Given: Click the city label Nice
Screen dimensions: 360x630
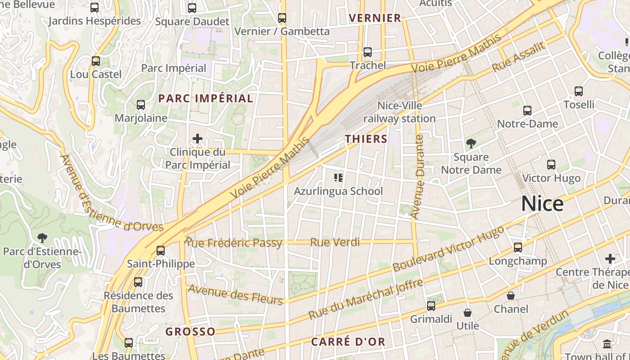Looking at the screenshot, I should [542, 204].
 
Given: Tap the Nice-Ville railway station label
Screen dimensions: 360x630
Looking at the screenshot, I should [400, 112].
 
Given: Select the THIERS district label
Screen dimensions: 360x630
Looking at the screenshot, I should [366, 139].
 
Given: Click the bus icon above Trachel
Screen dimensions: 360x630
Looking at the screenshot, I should [368, 52].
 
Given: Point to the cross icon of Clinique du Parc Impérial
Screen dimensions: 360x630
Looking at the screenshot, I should [197, 139].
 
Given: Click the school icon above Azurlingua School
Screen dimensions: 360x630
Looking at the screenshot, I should [338, 178].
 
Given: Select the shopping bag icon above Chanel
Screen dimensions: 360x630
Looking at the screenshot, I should [511, 296].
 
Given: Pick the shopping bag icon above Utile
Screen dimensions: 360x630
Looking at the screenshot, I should [468, 312].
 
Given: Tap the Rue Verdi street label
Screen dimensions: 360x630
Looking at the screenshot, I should [335, 243].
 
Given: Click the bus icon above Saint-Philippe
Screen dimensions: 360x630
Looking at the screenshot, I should [161, 250].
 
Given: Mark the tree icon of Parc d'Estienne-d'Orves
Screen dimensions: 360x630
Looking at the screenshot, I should [42, 238].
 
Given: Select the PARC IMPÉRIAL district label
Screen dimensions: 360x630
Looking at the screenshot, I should [206, 98].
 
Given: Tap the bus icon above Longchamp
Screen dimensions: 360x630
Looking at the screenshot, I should [518, 247].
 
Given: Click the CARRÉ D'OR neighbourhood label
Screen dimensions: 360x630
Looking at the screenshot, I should [348, 342].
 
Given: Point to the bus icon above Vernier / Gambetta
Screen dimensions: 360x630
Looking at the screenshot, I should [282, 18].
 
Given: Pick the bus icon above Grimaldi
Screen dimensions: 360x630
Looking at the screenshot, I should [431, 306].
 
